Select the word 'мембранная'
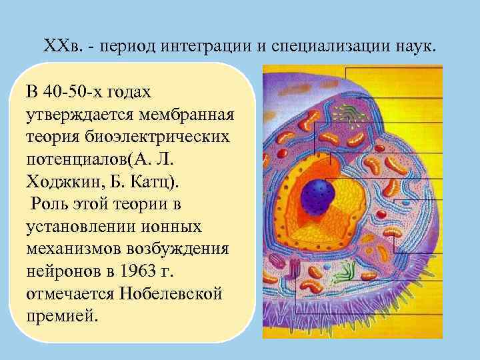pyautogui.click(x=187, y=113)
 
